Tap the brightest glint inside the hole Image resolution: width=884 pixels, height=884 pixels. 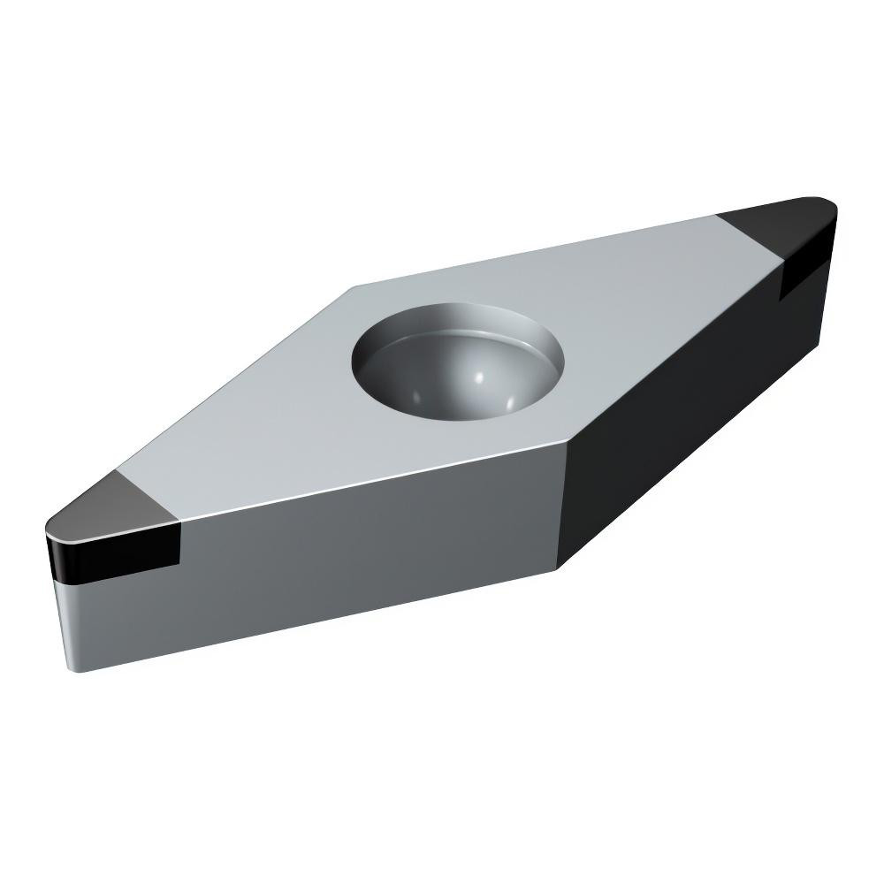(x=478, y=377)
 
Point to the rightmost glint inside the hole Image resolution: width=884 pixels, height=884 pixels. (x=512, y=401)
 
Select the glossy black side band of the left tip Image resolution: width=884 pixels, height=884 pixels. (x=115, y=552)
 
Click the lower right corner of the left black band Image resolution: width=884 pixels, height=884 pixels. (x=179, y=566)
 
